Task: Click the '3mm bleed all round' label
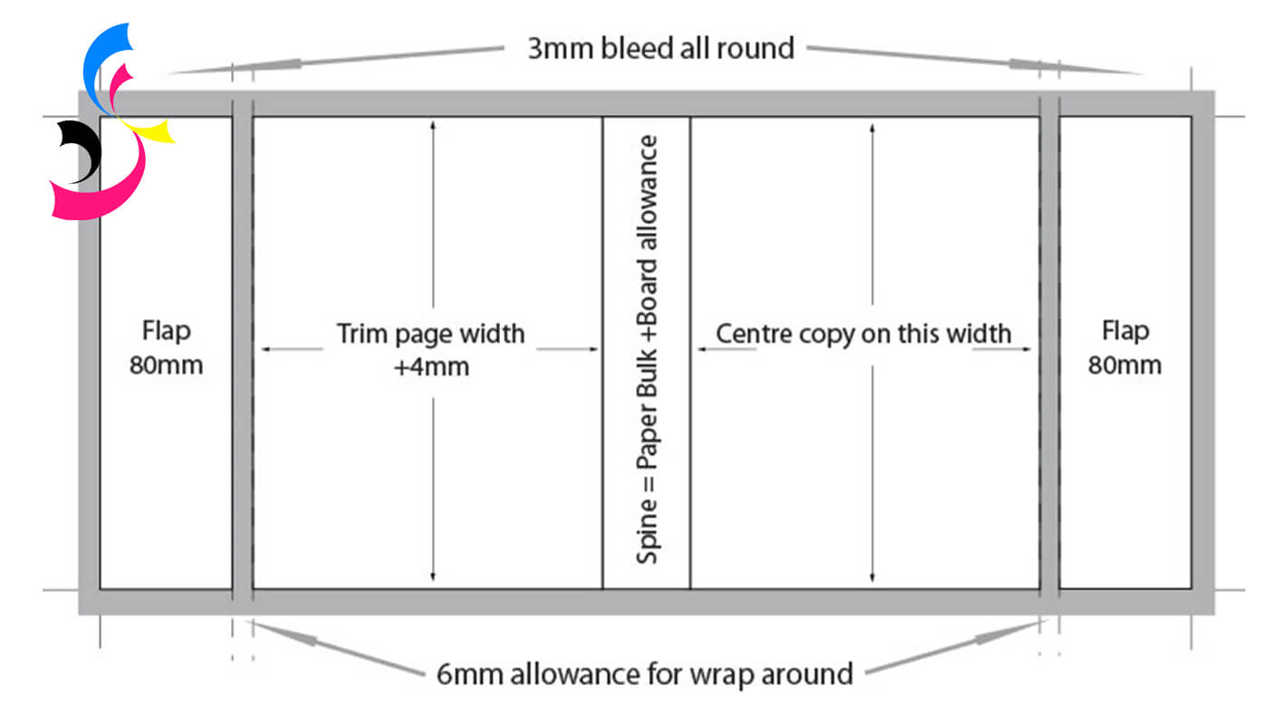click(661, 47)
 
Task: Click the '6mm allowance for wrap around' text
click(644, 674)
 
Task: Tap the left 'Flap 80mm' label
click(167, 347)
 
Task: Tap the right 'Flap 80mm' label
click(1124, 347)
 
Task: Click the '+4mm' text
click(432, 367)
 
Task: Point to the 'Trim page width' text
click(431, 333)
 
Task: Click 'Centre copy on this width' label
click(863, 333)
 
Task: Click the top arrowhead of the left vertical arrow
click(434, 124)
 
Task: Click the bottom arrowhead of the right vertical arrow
click(871, 577)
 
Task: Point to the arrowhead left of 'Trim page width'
click(265, 348)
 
